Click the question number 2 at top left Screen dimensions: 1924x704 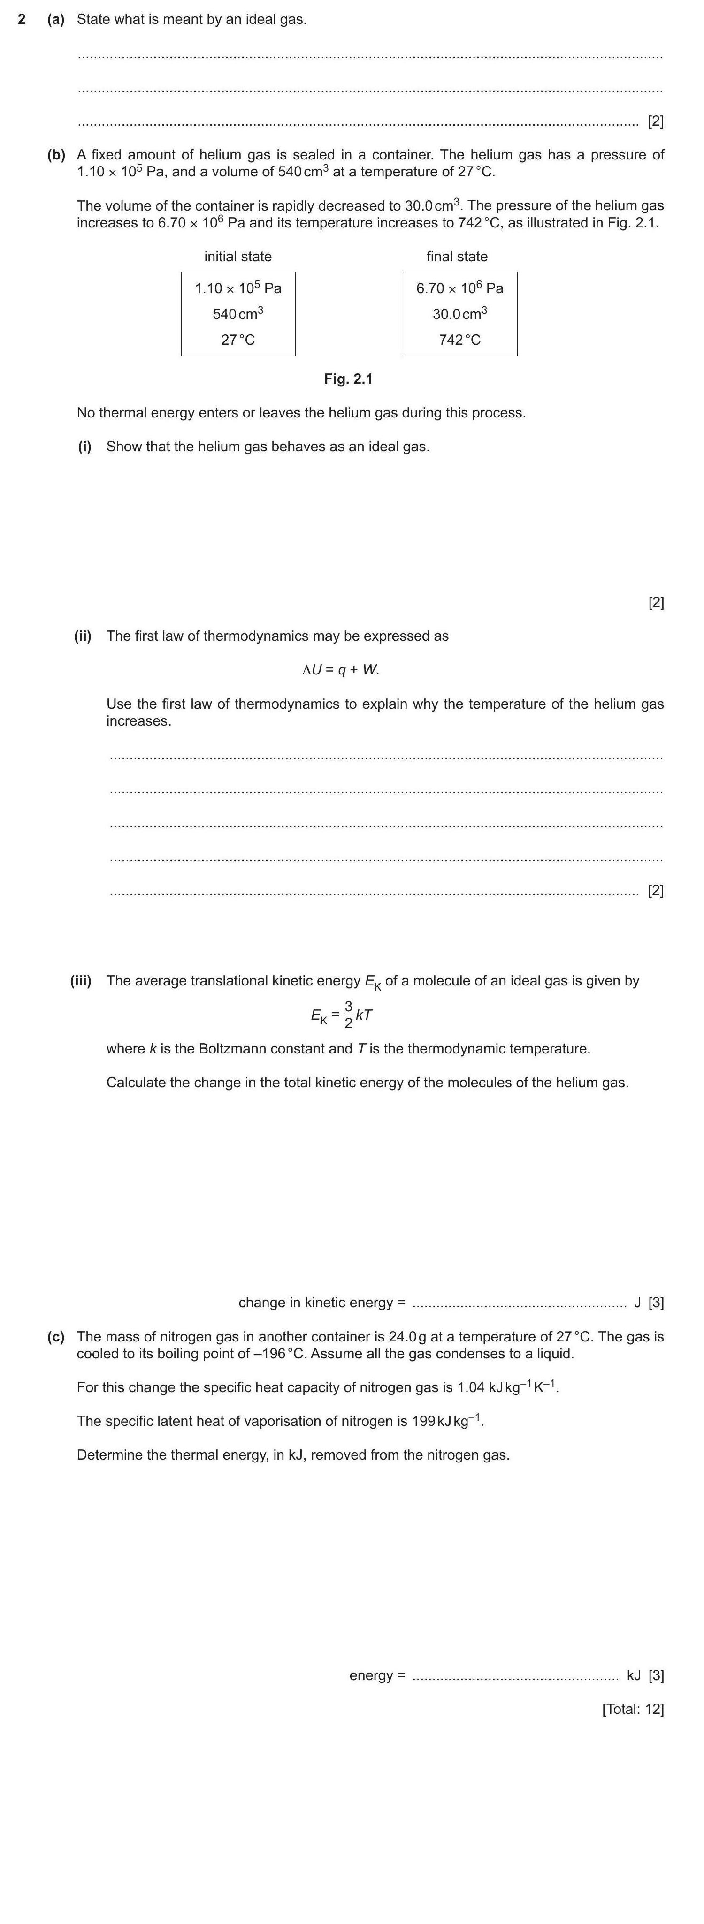tap(22, 19)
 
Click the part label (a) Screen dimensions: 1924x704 tap(56, 19)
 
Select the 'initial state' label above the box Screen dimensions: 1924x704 tap(237, 256)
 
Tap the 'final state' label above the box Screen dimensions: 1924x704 tap(457, 256)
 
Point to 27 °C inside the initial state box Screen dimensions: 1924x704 tap(237, 340)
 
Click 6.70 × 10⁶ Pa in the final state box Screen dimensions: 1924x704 tap(459, 288)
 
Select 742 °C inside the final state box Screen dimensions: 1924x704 tap(459, 340)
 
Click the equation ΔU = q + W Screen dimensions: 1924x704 tap(341, 670)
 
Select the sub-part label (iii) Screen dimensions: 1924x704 tap(81, 981)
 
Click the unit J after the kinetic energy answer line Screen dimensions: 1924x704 tap(637, 1303)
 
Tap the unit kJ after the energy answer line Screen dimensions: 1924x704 tap(634, 1675)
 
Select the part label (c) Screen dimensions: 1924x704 tap(56, 1336)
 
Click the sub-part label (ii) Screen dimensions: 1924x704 tap(82, 636)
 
